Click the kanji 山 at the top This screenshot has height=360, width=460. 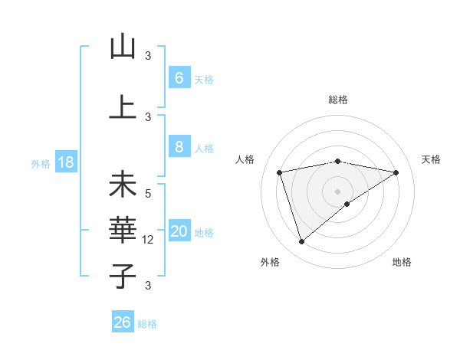coord(123,47)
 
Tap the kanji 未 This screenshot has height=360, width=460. coord(123,185)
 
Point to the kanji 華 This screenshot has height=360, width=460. coord(123,230)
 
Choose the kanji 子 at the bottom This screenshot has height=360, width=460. coord(123,276)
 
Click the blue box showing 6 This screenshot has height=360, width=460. coord(179,78)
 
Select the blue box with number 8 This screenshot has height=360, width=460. coord(179,148)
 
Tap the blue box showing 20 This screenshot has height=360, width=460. coord(179,232)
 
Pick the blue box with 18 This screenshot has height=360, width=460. coord(65,163)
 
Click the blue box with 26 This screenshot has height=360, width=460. coord(123,322)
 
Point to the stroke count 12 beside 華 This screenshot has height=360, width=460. coord(149,240)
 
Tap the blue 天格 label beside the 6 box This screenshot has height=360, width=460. coord(204,79)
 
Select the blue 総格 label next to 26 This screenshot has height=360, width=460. coord(147,324)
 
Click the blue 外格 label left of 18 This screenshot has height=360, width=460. coord(41,164)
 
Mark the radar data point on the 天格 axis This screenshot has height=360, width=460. coord(396,172)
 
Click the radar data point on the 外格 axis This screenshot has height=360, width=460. coord(301,242)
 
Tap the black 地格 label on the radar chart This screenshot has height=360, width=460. coord(402,262)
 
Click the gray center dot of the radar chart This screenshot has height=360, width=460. coord(337,191)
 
